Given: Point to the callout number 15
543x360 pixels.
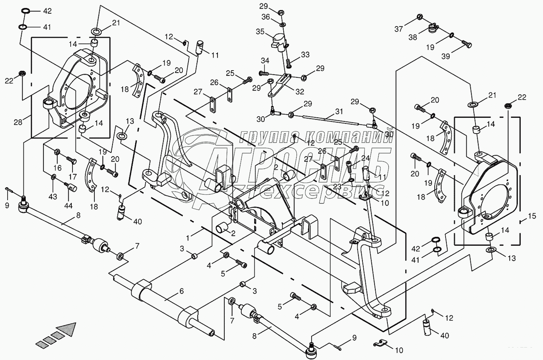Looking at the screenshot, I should point(532,216).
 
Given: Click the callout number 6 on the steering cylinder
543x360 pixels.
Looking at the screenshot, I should point(181,291).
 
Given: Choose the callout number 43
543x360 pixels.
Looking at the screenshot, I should point(52,197).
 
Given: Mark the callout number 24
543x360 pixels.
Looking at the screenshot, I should point(365,158).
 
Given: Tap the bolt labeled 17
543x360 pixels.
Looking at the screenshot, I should point(72,160).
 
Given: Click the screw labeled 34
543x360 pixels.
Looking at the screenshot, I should point(264,72).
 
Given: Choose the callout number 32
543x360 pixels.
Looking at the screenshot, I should point(299,91).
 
